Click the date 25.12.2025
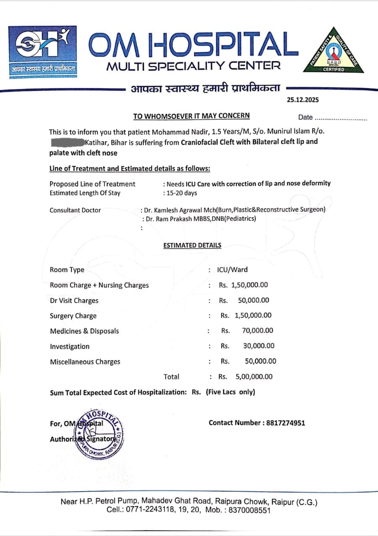click(x=303, y=100)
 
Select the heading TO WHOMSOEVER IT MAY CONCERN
click(x=191, y=116)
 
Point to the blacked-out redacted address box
click(x=67, y=142)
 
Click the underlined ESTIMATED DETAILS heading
click(x=192, y=245)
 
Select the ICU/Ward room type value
click(x=232, y=270)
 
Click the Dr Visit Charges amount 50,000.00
click(x=253, y=300)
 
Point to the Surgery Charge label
click(x=73, y=316)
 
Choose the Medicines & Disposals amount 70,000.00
click(x=258, y=331)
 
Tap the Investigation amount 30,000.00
click(x=258, y=346)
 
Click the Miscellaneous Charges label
click(x=85, y=361)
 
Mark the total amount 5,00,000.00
click(x=254, y=376)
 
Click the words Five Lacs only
click(x=230, y=392)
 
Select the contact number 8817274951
click(x=285, y=423)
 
